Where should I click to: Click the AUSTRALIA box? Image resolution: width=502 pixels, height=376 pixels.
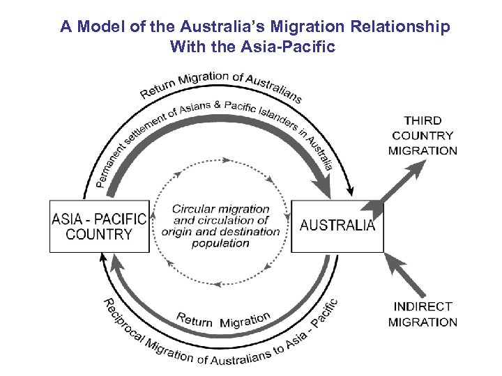[x=337, y=226]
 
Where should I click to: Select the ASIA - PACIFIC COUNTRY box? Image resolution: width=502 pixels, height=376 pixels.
[x=100, y=226]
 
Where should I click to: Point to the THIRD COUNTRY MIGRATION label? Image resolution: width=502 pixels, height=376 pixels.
[x=423, y=135]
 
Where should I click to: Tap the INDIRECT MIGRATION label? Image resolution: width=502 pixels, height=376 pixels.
[x=423, y=314]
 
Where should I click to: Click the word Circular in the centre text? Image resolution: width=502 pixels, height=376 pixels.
[x=192, y=209]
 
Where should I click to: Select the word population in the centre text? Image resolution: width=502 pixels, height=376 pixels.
[x=220, y=243]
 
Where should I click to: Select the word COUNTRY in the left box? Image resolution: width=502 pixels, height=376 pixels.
[x=99, y=234]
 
